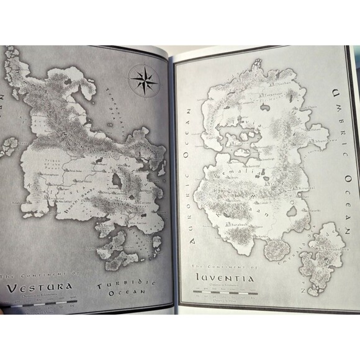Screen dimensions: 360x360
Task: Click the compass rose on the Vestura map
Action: pos(143,80)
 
